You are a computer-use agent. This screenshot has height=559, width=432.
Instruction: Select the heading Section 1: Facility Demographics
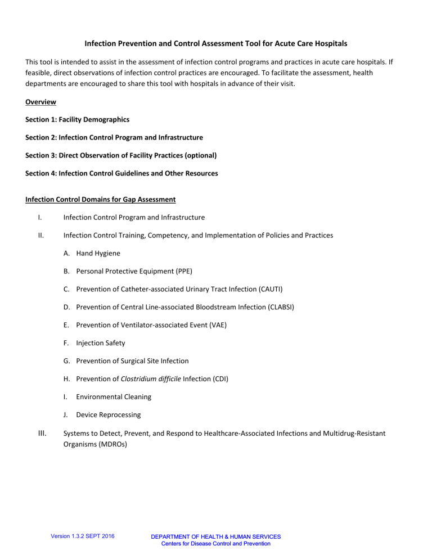tap(77, 119)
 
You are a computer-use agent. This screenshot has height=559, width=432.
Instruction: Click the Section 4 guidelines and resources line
tap(121, 173)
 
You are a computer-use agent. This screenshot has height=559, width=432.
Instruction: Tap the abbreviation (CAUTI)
tap(269, 289)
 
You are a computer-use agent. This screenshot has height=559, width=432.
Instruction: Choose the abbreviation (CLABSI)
tap(282, 307)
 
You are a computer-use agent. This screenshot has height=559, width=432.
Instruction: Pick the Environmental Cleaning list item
tap(109, 397)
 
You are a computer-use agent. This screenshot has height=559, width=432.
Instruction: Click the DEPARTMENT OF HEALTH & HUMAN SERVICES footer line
tap(216, 537)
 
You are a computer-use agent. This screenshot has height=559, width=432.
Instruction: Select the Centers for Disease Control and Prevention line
tap(216, 544)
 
